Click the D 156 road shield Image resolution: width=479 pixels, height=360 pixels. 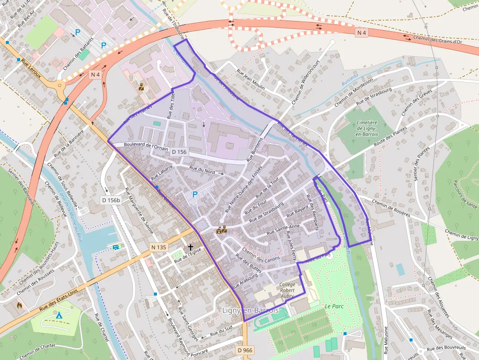(179, 152)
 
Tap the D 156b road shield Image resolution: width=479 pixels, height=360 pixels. (111, 200)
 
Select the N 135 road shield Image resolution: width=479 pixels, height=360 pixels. (159, 248)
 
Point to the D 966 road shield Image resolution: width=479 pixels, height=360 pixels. (245, 350)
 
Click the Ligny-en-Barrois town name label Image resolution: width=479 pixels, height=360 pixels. (250, 311)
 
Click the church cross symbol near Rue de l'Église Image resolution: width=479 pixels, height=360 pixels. (190, 248)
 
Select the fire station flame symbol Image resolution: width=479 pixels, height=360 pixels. (19, 305)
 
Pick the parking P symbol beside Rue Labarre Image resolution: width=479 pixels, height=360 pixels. (195, 194)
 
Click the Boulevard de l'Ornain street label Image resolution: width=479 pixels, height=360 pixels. (147, 145)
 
